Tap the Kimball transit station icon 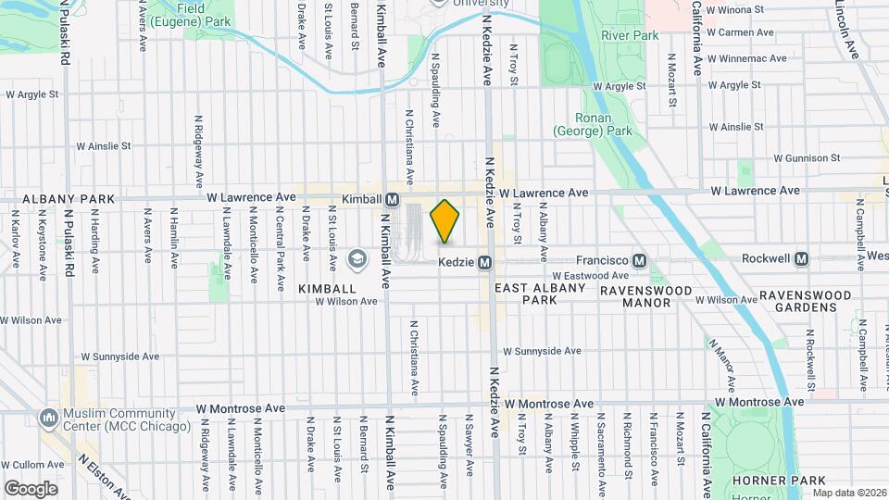(x=392, y=199)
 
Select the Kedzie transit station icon (x=484, y=262)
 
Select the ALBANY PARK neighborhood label (x=56, y=199)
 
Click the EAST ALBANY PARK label (x=540, y=294)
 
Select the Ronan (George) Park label (x=593, y=124)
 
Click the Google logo (x=31, y=488)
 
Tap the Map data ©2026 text (x=848, y=493)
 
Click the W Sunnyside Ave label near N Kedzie (x=542, y=352)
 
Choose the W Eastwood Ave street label (x=590, y=276)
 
